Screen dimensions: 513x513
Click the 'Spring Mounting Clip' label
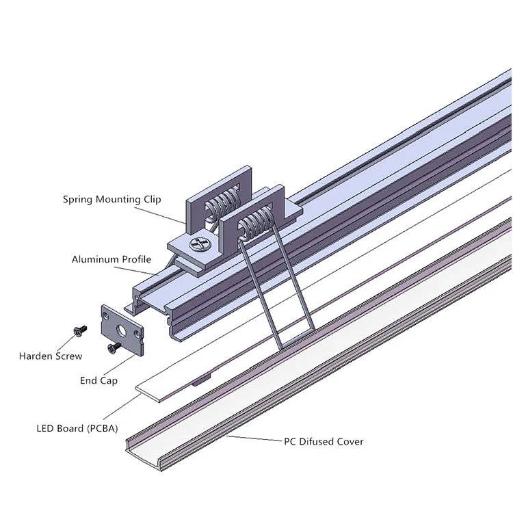click(111, 200)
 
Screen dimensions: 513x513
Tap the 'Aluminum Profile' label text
click(111, 260)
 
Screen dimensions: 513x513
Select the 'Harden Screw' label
click(51, 356)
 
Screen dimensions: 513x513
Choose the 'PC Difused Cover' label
click(324, 442)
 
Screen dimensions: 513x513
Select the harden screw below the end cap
click(111, 349)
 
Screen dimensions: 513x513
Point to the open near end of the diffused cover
click(146, 453)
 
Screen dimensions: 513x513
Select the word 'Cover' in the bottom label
click(349, 442)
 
